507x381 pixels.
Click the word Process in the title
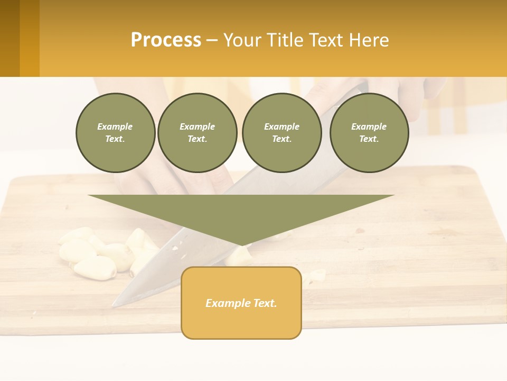click(166, 40)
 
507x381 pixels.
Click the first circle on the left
click(115, 133)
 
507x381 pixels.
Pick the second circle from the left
click(197, 133)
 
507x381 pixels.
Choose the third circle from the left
click(281, 133)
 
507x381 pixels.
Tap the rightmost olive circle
click(369, 133)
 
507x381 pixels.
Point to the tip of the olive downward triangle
click(241, 244)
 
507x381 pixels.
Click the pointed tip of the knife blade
click(114, 305)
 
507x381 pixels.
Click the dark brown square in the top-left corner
click(10, 38)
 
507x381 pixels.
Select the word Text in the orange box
click(266, 303)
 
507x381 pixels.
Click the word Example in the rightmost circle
click(369, 126)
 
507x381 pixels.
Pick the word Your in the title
click(242, 40)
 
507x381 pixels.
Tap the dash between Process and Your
click(212, 40)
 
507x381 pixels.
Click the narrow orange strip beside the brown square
click(30, 38)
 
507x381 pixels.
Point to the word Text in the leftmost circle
click(115, 139)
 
